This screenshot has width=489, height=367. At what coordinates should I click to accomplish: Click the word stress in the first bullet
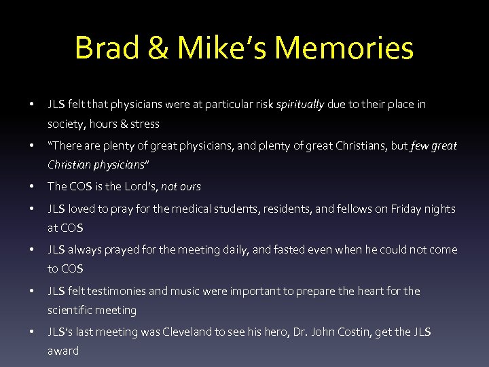point(146,124)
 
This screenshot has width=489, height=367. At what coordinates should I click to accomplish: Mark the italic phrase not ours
point(181,186)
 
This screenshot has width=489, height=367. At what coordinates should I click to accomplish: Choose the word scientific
point(71,310)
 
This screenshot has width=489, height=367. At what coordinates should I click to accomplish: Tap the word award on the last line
point(63,351)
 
